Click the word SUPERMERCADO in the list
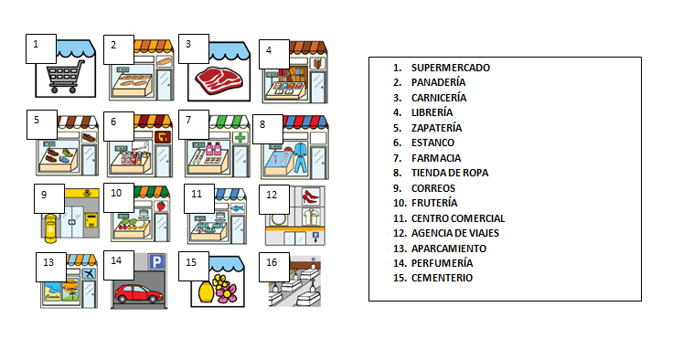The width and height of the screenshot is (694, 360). pyautogui.click(x=450, y=68)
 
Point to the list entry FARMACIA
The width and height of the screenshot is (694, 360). pyautogui.click(x=436, y=158)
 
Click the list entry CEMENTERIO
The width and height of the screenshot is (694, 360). pyautogui.click(x=442, y=278)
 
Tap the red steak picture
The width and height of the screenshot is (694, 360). pyautogui.click(x=216, y=81)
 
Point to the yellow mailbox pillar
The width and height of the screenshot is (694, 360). pyautogui.click(x=49, y=228)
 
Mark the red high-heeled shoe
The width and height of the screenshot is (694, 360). pyautogui.click(x=310, y=196)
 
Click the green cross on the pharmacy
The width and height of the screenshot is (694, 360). pyautogui.click(x=239, y=138)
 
